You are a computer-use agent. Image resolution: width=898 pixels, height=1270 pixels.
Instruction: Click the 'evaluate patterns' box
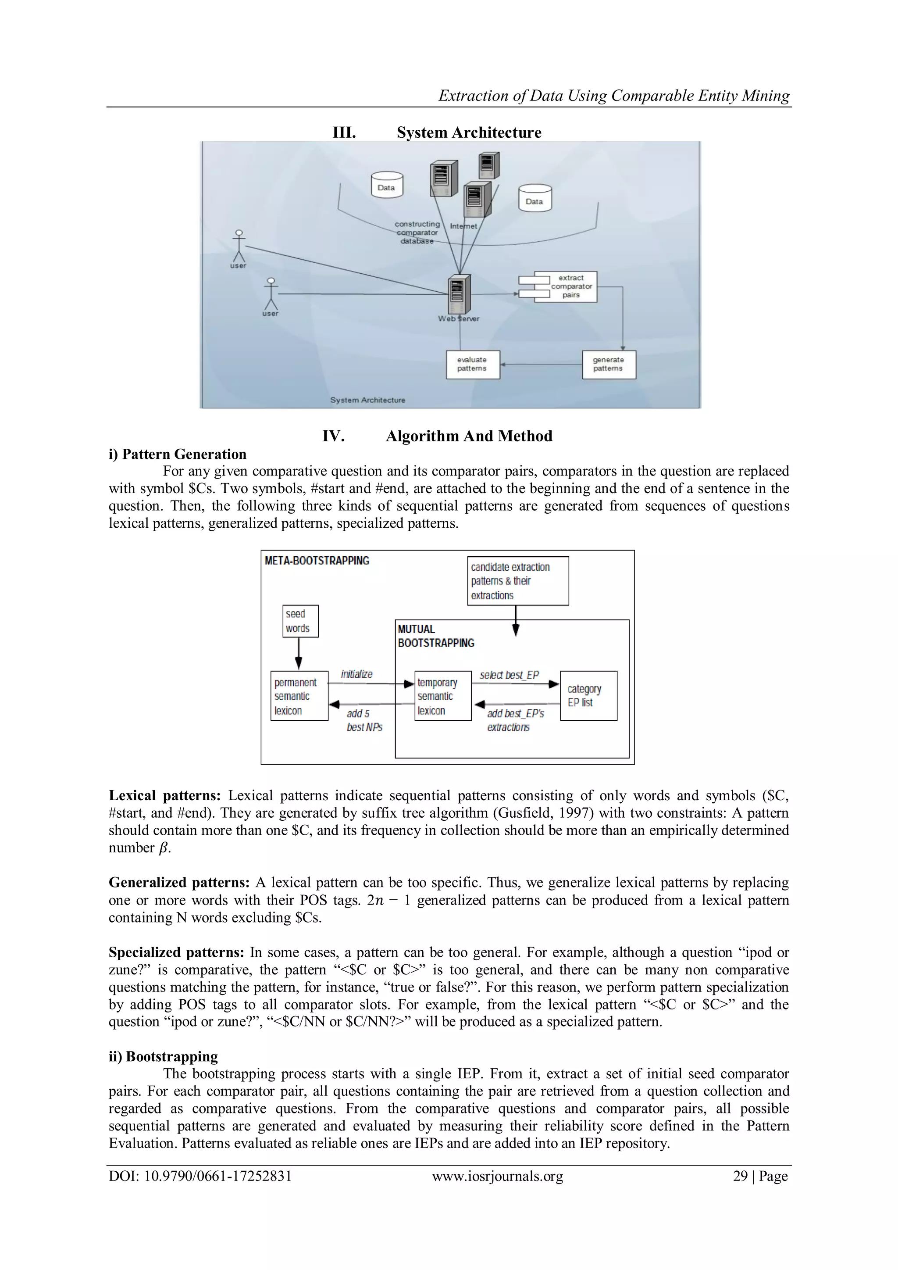pyautogui.click(x=473, y=365)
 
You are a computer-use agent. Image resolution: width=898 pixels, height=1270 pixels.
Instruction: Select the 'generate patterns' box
pyautogui.click(x=609, y=365)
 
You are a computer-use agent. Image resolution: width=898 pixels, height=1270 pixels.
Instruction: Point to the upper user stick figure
pyautogui.click(x=239, y=246)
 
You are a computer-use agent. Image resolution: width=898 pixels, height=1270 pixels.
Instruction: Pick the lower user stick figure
pyautogui.click(x=271, y=294)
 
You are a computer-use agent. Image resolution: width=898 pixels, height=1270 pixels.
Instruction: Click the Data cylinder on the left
pyautogui.click(x=386, y=185)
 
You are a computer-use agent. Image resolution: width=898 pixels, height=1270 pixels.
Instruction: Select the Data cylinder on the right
pyautogui.click(x=535, y=199)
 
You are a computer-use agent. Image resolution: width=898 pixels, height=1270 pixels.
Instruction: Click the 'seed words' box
pyautogui.click(x=300, y=621)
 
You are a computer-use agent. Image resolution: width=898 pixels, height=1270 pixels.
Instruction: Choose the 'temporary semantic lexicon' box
pyautogui.click(x=443, y=696)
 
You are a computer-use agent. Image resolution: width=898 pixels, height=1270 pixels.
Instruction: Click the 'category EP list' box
pyautogui.click(x=588, y=696)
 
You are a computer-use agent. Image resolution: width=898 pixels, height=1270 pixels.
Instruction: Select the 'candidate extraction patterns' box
pyautogui.click(x=517, y=581)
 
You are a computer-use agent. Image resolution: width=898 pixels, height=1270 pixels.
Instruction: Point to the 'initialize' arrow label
pyautogui.click(x=356, y=674)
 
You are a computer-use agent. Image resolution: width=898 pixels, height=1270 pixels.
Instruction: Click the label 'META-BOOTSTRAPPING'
pyautogui.click(x=317, y=561)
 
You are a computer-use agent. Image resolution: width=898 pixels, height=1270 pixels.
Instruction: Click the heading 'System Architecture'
pyautogui.click(x=468, y=133)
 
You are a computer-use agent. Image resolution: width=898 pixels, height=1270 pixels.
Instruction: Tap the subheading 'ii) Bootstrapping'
pyautogui.click(x=163, y=1056)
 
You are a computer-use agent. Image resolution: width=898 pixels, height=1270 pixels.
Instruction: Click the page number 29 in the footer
pyautogui.click(x=740, y=1176)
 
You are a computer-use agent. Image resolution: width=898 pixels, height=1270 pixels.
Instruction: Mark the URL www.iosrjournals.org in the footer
pyautogui.click(x=497, y=1176)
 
